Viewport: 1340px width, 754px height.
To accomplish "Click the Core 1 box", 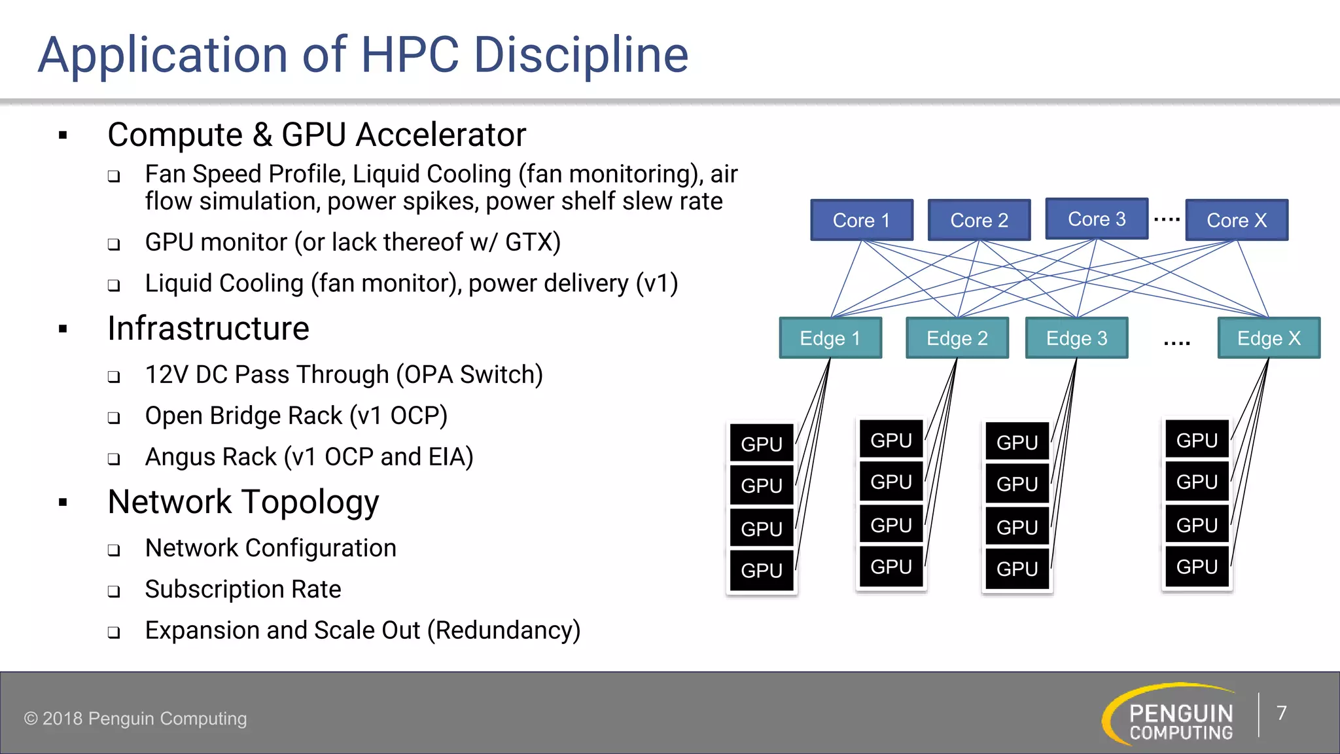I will [861, 221].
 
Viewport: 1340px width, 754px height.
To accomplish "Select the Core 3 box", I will [1097, 219].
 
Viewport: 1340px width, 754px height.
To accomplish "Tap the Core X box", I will [1237, 221].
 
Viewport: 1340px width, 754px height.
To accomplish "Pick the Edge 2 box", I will [957, 338].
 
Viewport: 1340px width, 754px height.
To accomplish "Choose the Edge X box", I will [1268, 338].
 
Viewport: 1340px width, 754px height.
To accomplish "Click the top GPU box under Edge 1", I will [762, 444].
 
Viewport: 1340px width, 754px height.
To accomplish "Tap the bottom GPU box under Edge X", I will [1197, 567].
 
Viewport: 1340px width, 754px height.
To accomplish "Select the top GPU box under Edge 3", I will [1017, 442].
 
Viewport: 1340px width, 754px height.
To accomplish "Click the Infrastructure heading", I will [208, 329].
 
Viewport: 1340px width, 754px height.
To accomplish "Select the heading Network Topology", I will [243, 502].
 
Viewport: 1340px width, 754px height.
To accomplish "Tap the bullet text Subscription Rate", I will [243, 589].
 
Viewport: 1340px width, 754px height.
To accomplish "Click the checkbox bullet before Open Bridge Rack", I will [114, 418].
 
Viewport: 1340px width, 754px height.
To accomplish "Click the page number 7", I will [1281, 713].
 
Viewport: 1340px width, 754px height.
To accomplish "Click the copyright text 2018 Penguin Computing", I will [135, 719].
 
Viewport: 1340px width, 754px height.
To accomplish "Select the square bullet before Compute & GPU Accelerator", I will [63, 136].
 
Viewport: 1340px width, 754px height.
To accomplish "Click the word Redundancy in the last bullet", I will [504, 630].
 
